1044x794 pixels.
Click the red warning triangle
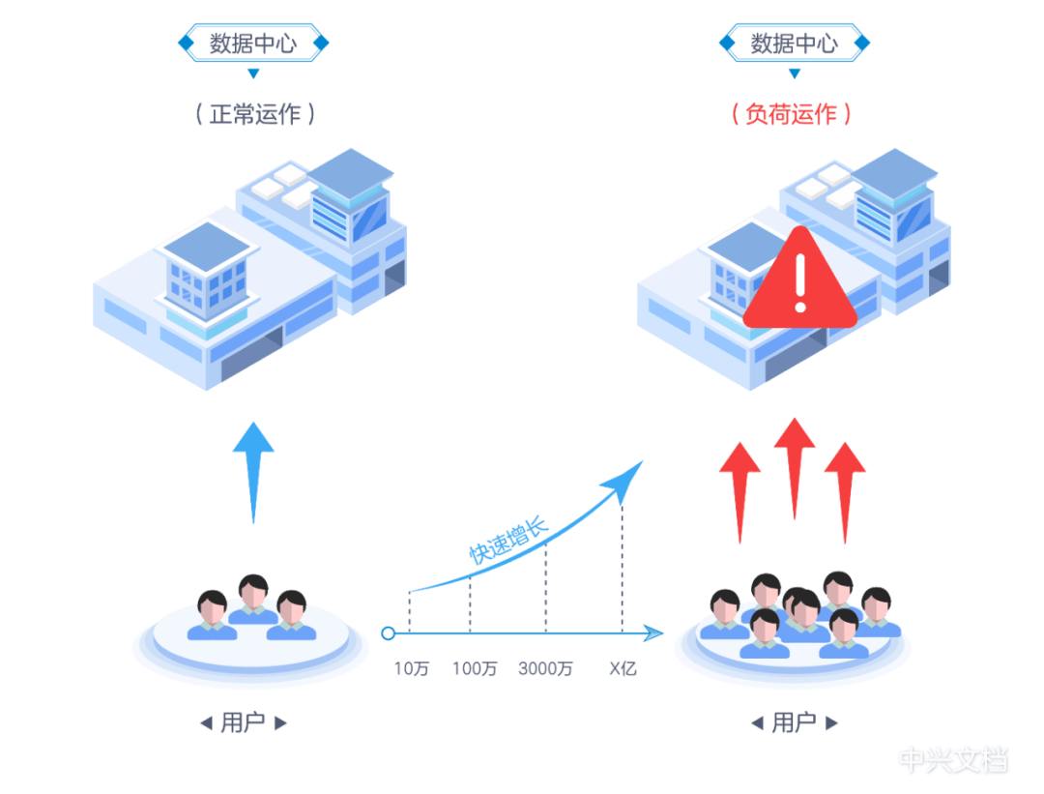[799, 280]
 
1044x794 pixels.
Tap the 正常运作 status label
[255, 114]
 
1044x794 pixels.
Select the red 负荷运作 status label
[792, 114]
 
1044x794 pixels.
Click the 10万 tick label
[410, 668]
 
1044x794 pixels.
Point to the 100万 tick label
[474, 668]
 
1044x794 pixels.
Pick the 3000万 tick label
[546, 668]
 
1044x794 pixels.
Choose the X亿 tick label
[623, 668]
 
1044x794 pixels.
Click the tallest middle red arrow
[795, 464]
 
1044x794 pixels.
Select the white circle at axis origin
[389, 633]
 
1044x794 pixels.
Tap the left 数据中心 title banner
[253, 44]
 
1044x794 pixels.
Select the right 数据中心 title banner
[794, 44]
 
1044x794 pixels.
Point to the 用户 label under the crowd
[794, 723]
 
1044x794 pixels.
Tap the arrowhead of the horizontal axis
[654, 633]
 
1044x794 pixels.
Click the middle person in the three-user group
[253, 600]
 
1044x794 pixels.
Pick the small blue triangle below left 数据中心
[253, 73]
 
